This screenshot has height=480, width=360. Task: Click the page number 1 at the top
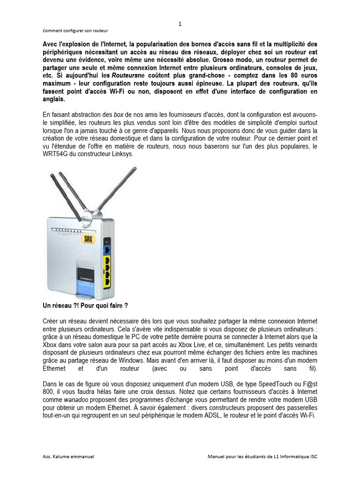point(180,24)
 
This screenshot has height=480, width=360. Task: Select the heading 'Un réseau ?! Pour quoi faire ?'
point(85,305)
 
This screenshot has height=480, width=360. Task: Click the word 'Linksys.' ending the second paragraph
point(121,154)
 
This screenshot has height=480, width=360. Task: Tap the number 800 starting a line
point(48,391)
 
